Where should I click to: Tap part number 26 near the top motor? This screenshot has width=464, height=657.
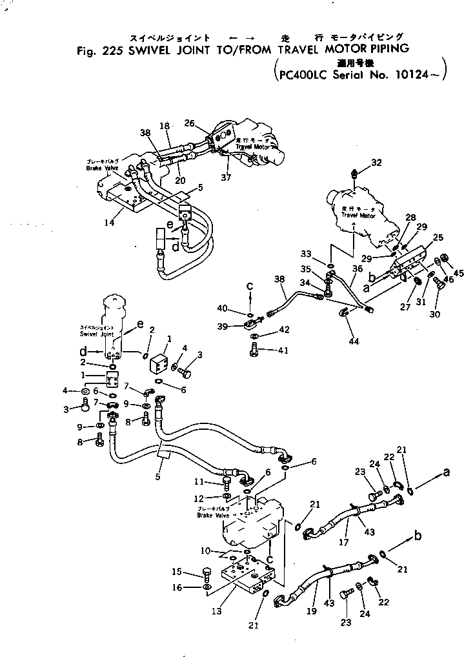[x=189, y=123]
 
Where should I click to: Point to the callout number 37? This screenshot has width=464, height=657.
[x=225, y=178]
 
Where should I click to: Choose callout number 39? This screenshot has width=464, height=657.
[x=223, y=328]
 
